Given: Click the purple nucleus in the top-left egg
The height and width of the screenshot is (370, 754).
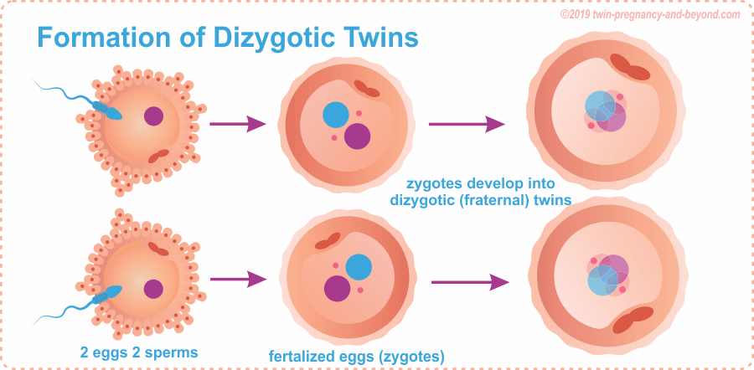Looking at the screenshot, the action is click(153, 116).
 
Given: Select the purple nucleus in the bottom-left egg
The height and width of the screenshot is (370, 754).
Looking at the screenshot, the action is click(153, 289).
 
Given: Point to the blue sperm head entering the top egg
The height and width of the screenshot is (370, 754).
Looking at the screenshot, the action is click(113, 113).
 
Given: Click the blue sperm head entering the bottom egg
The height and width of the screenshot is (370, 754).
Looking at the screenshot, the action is click(113, 291).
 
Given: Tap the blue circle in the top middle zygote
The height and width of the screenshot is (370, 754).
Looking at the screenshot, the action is click(336, 115).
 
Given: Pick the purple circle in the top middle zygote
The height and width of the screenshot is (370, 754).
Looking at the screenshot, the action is click(357, 136).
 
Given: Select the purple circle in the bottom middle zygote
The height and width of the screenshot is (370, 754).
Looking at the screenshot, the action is click(337, 288).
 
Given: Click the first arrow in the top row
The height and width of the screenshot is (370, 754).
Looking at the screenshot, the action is click(238, 124).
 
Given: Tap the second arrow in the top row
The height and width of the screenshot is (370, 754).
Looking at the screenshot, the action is click(467, 124).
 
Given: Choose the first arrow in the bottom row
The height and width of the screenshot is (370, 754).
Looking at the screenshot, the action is click(238, 280).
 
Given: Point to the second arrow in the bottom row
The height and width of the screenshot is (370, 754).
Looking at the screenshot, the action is click(470, 282).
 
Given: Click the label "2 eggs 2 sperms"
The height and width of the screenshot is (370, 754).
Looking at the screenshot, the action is click(138, 352).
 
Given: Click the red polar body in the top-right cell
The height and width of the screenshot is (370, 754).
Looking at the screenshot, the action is click(630, 67).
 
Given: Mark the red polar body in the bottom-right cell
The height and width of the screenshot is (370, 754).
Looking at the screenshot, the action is click(633, 321).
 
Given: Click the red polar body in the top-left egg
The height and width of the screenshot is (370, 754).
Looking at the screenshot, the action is click(159, 157).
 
